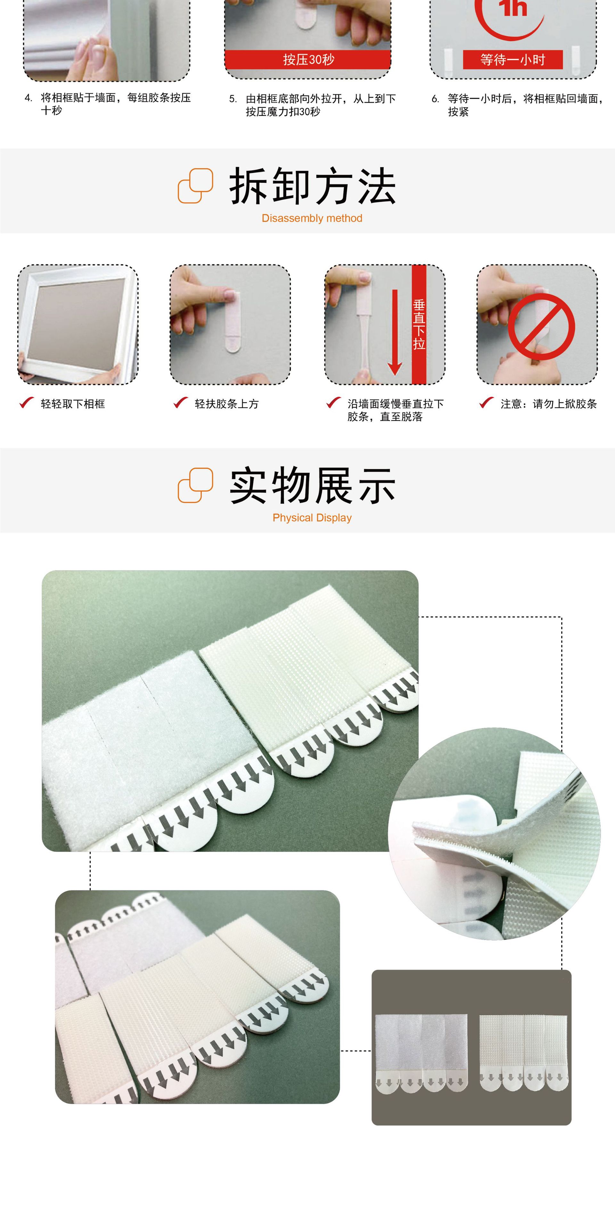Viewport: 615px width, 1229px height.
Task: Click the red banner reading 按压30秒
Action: tap(308, 60)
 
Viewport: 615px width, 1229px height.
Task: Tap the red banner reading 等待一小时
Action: tap(512, 60)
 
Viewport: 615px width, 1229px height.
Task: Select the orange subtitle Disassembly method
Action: tap(312, 218)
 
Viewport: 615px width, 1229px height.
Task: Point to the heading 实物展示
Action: tap(312, 486)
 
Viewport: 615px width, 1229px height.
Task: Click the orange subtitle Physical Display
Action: tap(312, 518)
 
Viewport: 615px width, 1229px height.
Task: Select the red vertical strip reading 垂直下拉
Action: tap(419, 325)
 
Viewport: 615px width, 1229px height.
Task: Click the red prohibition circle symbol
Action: tap(541, 327)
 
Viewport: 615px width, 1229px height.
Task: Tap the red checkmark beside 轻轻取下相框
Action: tap(26, 403)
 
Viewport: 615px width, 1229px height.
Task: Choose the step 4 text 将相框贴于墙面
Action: tap(115, 103)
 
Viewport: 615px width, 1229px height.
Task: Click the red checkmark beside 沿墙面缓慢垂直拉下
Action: tap(333, 403)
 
